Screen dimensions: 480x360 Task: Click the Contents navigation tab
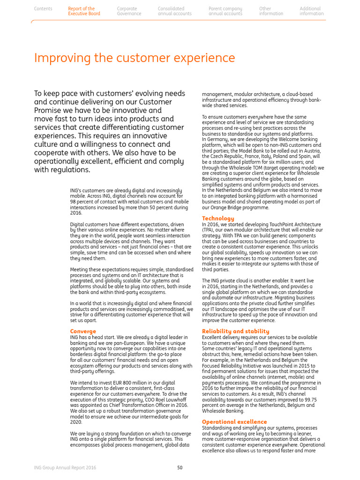(x=43, y=9)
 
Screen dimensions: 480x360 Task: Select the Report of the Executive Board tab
(x=84, y=11)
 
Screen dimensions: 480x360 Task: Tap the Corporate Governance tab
(x=129, y=11)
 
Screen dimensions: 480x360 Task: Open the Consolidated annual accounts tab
(x=174, y=11)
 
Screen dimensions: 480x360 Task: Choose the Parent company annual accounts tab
(x=225, y=11)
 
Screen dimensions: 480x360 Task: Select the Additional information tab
(x=311, y=11)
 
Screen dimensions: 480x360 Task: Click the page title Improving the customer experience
(x=134, y=59)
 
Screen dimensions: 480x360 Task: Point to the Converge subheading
(x=83, y=331)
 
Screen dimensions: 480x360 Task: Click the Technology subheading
(x=218, y=218)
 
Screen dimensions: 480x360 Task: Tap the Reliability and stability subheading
(x=235, y=331)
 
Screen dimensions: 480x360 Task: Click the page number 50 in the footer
(x=180, y=467)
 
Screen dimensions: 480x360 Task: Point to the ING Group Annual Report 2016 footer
(x=65, y=467)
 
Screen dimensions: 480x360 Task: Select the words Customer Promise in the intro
(x=145, y=102)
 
